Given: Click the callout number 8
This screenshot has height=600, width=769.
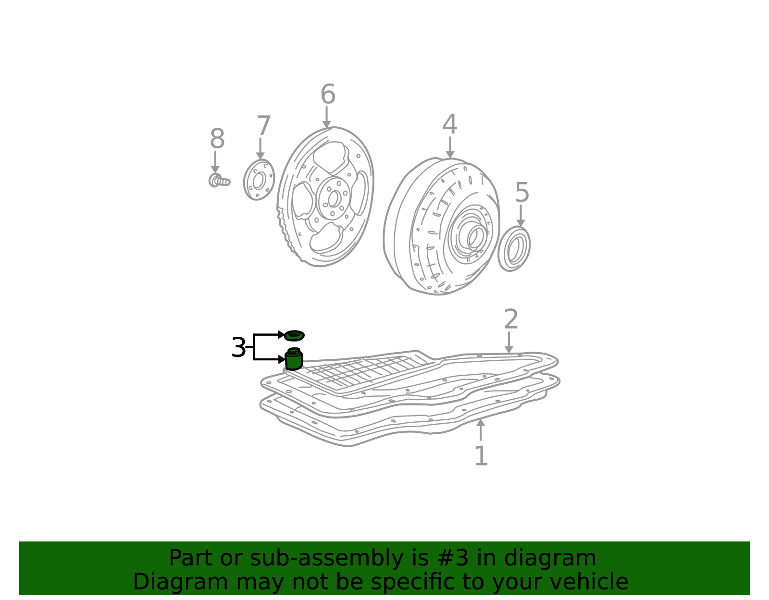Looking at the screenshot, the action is (217, 139).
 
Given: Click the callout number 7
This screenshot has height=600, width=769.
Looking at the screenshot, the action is (264, 125).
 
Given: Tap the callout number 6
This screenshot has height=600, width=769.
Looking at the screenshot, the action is (328, 94).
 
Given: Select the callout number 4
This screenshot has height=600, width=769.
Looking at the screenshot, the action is (449, 124).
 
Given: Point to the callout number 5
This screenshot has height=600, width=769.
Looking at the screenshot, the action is (521, 192).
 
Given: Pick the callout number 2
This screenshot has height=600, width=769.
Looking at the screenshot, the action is (510, 319).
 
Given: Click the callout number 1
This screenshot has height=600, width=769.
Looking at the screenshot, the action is (481, 456).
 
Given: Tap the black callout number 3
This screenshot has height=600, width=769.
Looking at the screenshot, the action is (238, 347).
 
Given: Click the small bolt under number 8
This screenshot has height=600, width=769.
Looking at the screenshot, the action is (219, 180).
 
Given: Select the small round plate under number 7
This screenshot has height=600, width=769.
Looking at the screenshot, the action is (259, 180).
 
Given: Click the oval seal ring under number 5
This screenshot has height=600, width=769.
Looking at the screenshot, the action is (514, 248).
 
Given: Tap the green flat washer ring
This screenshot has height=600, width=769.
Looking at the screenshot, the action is (294, 335).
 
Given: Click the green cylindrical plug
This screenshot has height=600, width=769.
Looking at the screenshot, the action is (294, 359).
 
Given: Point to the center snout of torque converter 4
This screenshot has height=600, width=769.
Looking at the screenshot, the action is (476, 238).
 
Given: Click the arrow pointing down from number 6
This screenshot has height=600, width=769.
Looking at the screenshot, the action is (327, 117).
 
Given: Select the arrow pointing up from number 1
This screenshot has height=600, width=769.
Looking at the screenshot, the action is (480, 429).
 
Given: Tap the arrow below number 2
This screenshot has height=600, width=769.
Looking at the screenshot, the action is (509, 342).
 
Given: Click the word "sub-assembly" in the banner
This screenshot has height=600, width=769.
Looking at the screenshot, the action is (326, 558).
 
